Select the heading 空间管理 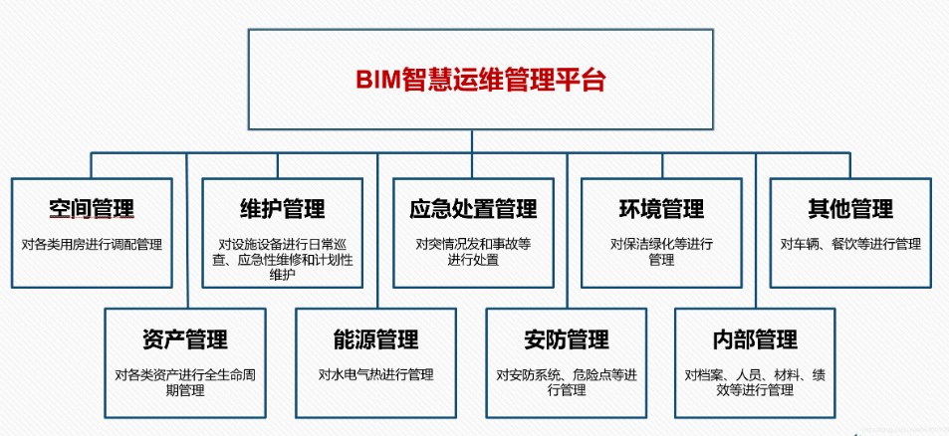point(92,209)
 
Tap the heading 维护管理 point(283,209)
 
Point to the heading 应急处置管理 point(473,209)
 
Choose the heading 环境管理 point(661,209)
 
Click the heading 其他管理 point(850,209)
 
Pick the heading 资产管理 point(185,339)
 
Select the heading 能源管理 point(376,339)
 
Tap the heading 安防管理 point(566,339)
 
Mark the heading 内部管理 point(755,339)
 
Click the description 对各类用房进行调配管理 point(92,244)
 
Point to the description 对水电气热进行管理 point(376,374)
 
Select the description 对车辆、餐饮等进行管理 point(850,244)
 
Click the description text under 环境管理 point(661,252)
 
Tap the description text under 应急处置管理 point(473,252)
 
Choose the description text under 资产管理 point(185,382)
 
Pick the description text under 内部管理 point(755,382)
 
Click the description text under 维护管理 point(283,259)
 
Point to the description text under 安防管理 point(566,382)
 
